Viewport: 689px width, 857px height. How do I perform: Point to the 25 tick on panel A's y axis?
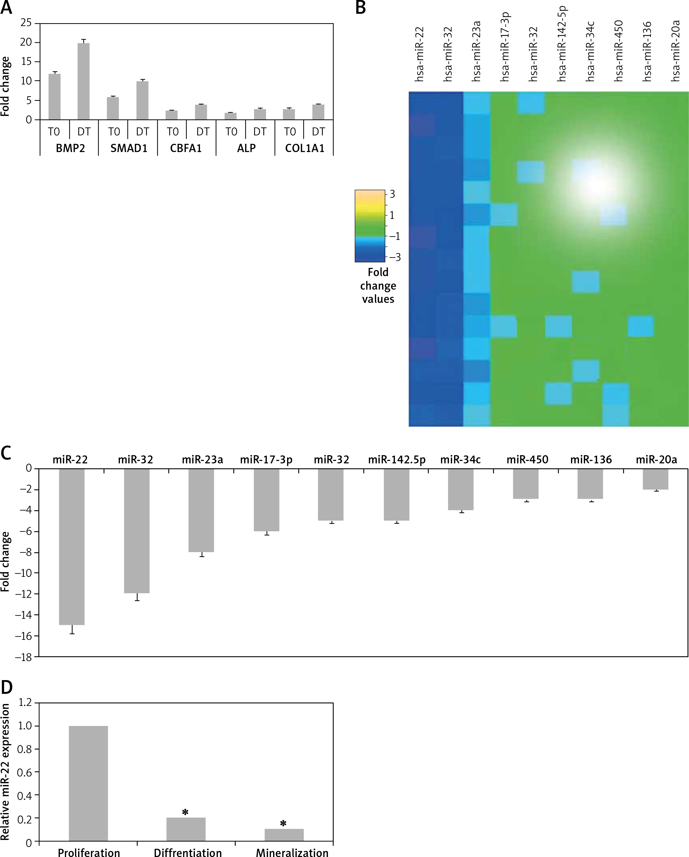tap(26, 23)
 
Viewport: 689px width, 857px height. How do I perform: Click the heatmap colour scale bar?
tap(370, 226)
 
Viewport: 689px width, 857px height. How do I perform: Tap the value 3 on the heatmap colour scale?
tap(392, 194)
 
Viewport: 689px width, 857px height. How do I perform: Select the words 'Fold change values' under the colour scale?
tap(378, 286)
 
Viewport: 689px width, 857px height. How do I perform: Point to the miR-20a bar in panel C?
tap(656, 479)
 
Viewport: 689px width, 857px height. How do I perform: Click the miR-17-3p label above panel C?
tap(266, 460)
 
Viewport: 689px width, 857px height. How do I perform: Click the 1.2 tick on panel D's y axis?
tap(25, 703)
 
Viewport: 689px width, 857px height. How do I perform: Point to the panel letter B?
tap(360, 8)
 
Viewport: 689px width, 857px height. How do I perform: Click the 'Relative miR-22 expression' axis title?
tap(6, 771)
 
